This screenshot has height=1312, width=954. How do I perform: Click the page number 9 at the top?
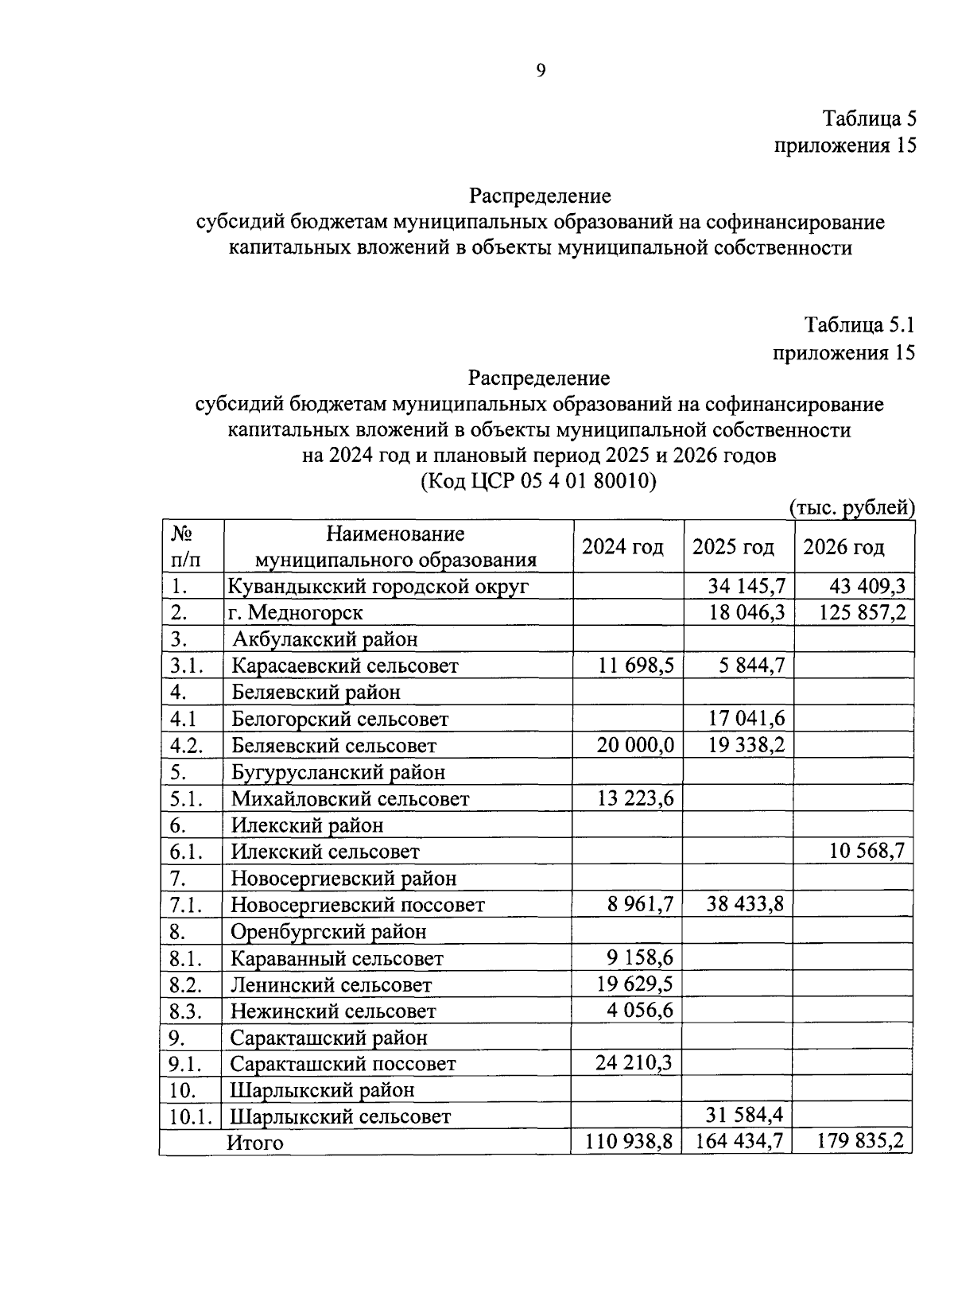click(x=541, y=71)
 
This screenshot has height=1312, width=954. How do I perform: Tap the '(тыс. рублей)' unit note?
click(x=851, y=507)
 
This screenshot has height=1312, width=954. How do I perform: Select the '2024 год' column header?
click(x=622, y=547)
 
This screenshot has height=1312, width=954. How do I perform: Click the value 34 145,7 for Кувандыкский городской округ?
click(x=747, y=587)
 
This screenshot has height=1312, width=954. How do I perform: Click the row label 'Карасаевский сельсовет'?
click(x=344, y=666)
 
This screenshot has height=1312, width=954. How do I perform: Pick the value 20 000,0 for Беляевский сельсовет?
click(x=636, y=746)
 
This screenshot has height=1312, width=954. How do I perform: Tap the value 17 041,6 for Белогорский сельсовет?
click(x=747, y=719)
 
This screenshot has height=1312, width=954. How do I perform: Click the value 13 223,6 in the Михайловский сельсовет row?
click(x=636, y=798)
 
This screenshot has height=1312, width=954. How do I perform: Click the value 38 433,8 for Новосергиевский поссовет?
click(x=747, y=905)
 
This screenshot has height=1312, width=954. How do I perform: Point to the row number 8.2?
click(x=187, y=985)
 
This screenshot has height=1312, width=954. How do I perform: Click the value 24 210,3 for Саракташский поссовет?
click(x=636, y=1064)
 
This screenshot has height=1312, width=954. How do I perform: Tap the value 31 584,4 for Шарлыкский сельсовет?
click(x=747, y=1116)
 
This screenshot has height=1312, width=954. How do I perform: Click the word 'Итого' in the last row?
click(x=255, y=1143)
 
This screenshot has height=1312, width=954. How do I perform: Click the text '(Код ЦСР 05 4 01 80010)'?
click(x=538, y=482)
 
